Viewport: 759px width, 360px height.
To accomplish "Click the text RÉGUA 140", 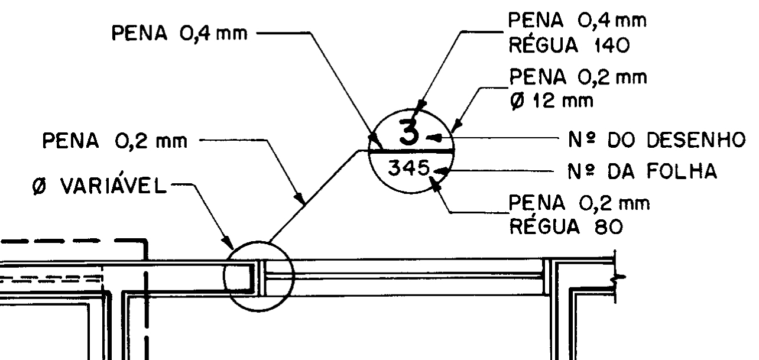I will click(x=562, y=46).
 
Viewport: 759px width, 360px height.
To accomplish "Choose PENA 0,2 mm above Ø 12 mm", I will click(x=576, y=77).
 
